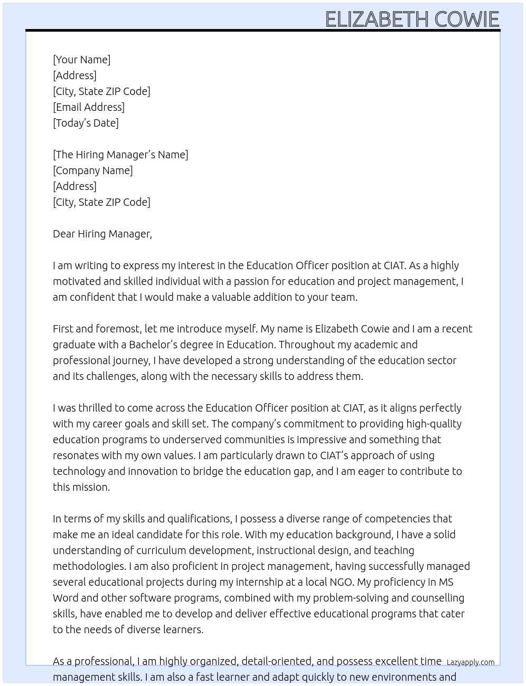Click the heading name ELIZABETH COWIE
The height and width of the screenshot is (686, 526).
click(412, 19)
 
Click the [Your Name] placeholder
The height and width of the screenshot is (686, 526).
click(81, 60)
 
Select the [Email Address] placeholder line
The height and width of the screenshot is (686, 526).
click(89, 107)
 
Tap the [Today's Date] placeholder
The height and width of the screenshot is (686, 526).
click(86, 123)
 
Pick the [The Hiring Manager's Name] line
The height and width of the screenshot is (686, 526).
click(120, 155)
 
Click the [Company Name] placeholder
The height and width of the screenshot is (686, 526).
click(93, 170)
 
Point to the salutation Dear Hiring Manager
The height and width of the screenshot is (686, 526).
click(102, 234)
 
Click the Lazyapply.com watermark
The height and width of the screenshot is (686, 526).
click(471, 662)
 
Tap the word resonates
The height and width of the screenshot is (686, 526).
click(76, 455)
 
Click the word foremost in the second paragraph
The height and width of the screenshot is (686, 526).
click(117, 329)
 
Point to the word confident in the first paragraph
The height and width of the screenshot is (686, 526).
click(92, 297)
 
